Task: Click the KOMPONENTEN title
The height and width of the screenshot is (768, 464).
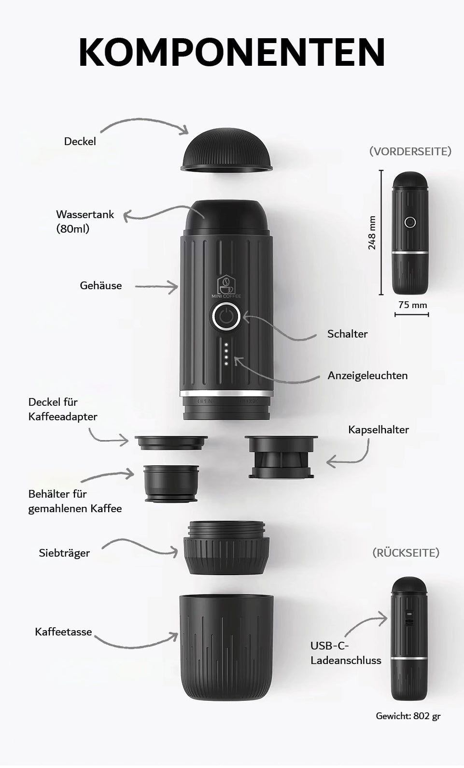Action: (232, 52)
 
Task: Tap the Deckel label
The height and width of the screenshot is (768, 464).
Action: (80, 141)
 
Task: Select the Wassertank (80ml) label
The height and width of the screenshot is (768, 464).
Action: (85, 222)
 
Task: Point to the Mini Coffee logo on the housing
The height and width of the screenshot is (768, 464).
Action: (226, 286)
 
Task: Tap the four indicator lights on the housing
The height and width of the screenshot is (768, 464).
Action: (226, 354)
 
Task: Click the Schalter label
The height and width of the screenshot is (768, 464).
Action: (347, 334)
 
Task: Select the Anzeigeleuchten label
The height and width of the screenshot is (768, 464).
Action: (367, 376)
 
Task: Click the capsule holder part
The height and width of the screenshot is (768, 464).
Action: (281, 457)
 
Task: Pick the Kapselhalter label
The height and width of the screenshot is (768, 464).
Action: (379, 430)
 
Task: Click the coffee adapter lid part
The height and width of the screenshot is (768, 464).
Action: (171, 443)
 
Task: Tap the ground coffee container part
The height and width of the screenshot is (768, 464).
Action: (171, 484)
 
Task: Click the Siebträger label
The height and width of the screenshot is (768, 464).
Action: (64, 553)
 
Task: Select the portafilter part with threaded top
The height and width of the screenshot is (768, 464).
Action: (226, 547)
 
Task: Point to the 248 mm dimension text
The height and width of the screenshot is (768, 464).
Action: (372, 233)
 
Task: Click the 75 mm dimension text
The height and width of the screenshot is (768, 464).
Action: (413, 305)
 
